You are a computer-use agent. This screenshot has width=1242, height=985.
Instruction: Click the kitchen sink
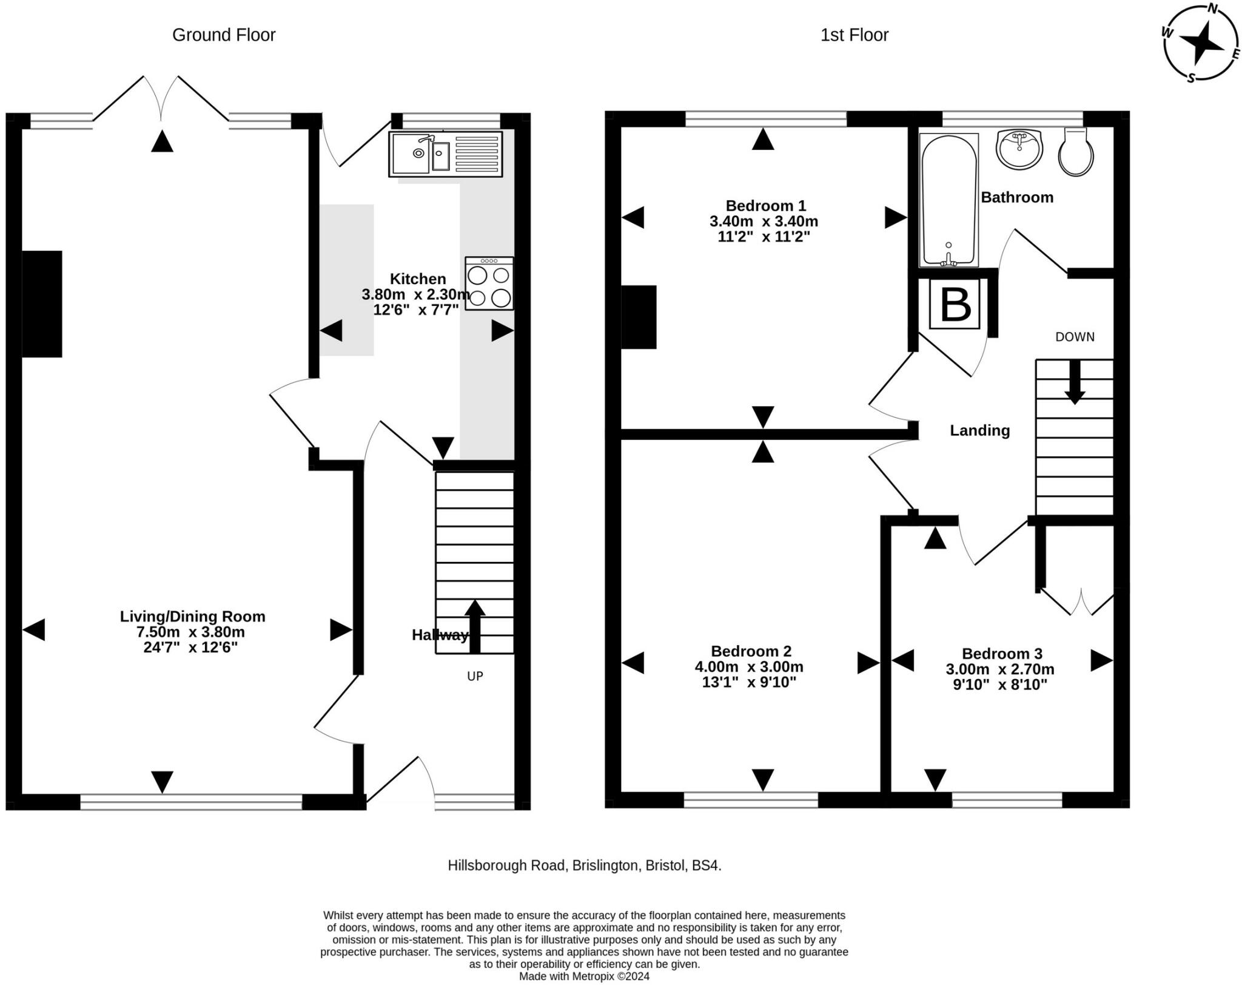coord(446,154)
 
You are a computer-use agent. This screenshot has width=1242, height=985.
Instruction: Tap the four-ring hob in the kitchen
coord(489,283)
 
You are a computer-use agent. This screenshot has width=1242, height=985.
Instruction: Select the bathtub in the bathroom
coord(949,200)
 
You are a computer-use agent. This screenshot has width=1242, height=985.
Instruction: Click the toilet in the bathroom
coord(1076,152)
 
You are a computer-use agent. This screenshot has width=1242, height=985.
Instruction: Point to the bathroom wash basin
coord(1019,149)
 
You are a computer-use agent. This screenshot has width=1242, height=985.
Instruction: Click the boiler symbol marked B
coord(955,305)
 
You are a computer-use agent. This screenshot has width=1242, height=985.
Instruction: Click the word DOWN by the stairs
coord(1075,337)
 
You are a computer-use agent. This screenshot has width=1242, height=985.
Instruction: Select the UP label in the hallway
coord(475,676)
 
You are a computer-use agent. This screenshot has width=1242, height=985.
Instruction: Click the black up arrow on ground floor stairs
coord(475,627)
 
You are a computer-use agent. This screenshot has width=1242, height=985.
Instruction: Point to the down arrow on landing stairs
coord(1075,382)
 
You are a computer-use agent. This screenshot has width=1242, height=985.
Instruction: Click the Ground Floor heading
coord(224,35)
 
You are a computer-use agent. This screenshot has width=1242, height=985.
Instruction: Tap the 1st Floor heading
coord(854,35)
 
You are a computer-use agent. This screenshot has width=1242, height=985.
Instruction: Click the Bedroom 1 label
coord(765,206)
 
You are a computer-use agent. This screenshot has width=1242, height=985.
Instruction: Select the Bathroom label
coord(1017,197)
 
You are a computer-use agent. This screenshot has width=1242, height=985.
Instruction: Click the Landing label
coord(979,430)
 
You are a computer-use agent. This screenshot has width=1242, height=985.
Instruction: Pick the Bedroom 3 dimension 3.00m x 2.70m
coord(1000,669)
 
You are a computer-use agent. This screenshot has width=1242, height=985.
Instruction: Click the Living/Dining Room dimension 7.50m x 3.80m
coord(190,632)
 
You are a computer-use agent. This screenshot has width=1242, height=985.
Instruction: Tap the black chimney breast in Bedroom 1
coord(639,317)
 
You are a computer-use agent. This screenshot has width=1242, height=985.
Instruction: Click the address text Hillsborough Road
coord(506,865)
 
